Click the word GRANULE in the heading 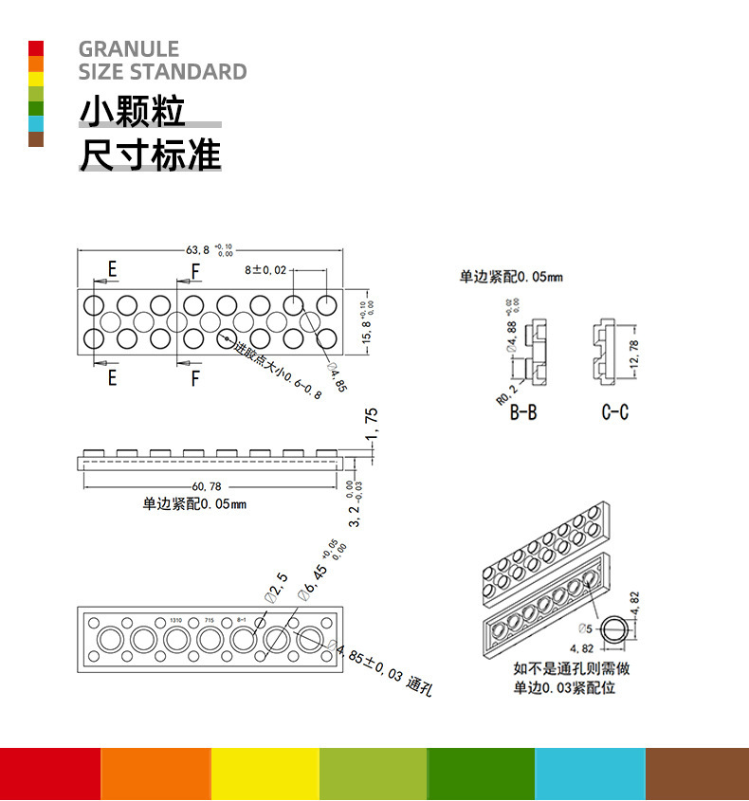pyautogui.click(x=129, y=49)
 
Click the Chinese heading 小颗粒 pyautogui.click(x=132, y=112)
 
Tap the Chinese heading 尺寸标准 pyautogui.click(x=150, y=155)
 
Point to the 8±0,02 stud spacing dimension pyautogui.click(x=265, y=270)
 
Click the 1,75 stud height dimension pyautogui.click(x=371, y=425)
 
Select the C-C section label pyautogui.click(x=614, y=413)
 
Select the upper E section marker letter pyautogui.click(x=112, y=269)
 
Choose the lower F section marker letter pyautogui.click(x=194, y=379)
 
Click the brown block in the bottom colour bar pyautogui.click(x=697, y=774)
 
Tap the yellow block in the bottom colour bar pyautogui.click(x=265, y=774)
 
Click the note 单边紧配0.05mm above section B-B pyautogui.click(x=511, y=277)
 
